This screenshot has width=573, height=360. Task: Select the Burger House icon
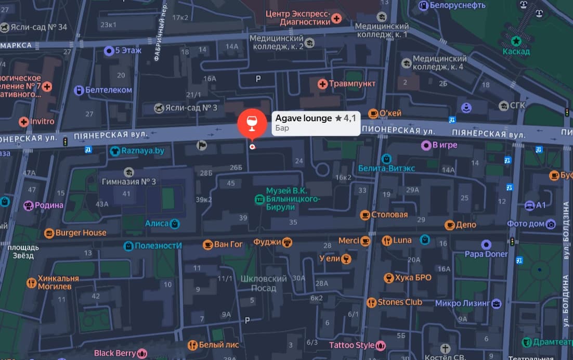(49, 233)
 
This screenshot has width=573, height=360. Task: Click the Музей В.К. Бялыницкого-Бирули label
(294, 199)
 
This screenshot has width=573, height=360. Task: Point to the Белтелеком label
(109, 90)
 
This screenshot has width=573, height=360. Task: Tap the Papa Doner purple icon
(486, 245)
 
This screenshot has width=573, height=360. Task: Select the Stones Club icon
(371, 302)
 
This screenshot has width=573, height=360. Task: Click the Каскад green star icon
(516, 41)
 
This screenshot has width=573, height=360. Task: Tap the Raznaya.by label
(142, 151)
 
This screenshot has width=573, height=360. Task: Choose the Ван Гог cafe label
(228, 244)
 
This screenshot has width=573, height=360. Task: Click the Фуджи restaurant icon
(287, 242)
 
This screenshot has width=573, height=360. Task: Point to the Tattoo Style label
(351, 345)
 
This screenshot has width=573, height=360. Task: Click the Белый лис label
(219, 345)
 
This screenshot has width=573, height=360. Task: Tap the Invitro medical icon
(23, 122)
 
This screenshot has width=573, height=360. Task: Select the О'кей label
(391, 113)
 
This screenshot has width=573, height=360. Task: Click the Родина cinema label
(49, 205)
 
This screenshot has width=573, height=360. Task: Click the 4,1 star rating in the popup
(346, 119)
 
